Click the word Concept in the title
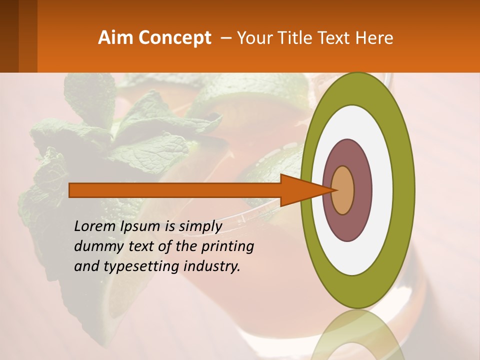(175, 38)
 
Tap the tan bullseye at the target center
(343, 190)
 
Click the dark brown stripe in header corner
(9, 36)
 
